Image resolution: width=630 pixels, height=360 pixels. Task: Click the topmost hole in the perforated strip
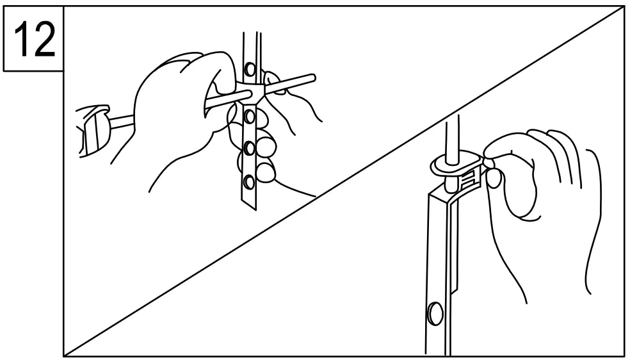coord(252,67)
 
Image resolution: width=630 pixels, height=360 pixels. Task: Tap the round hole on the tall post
coord(433,313)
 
